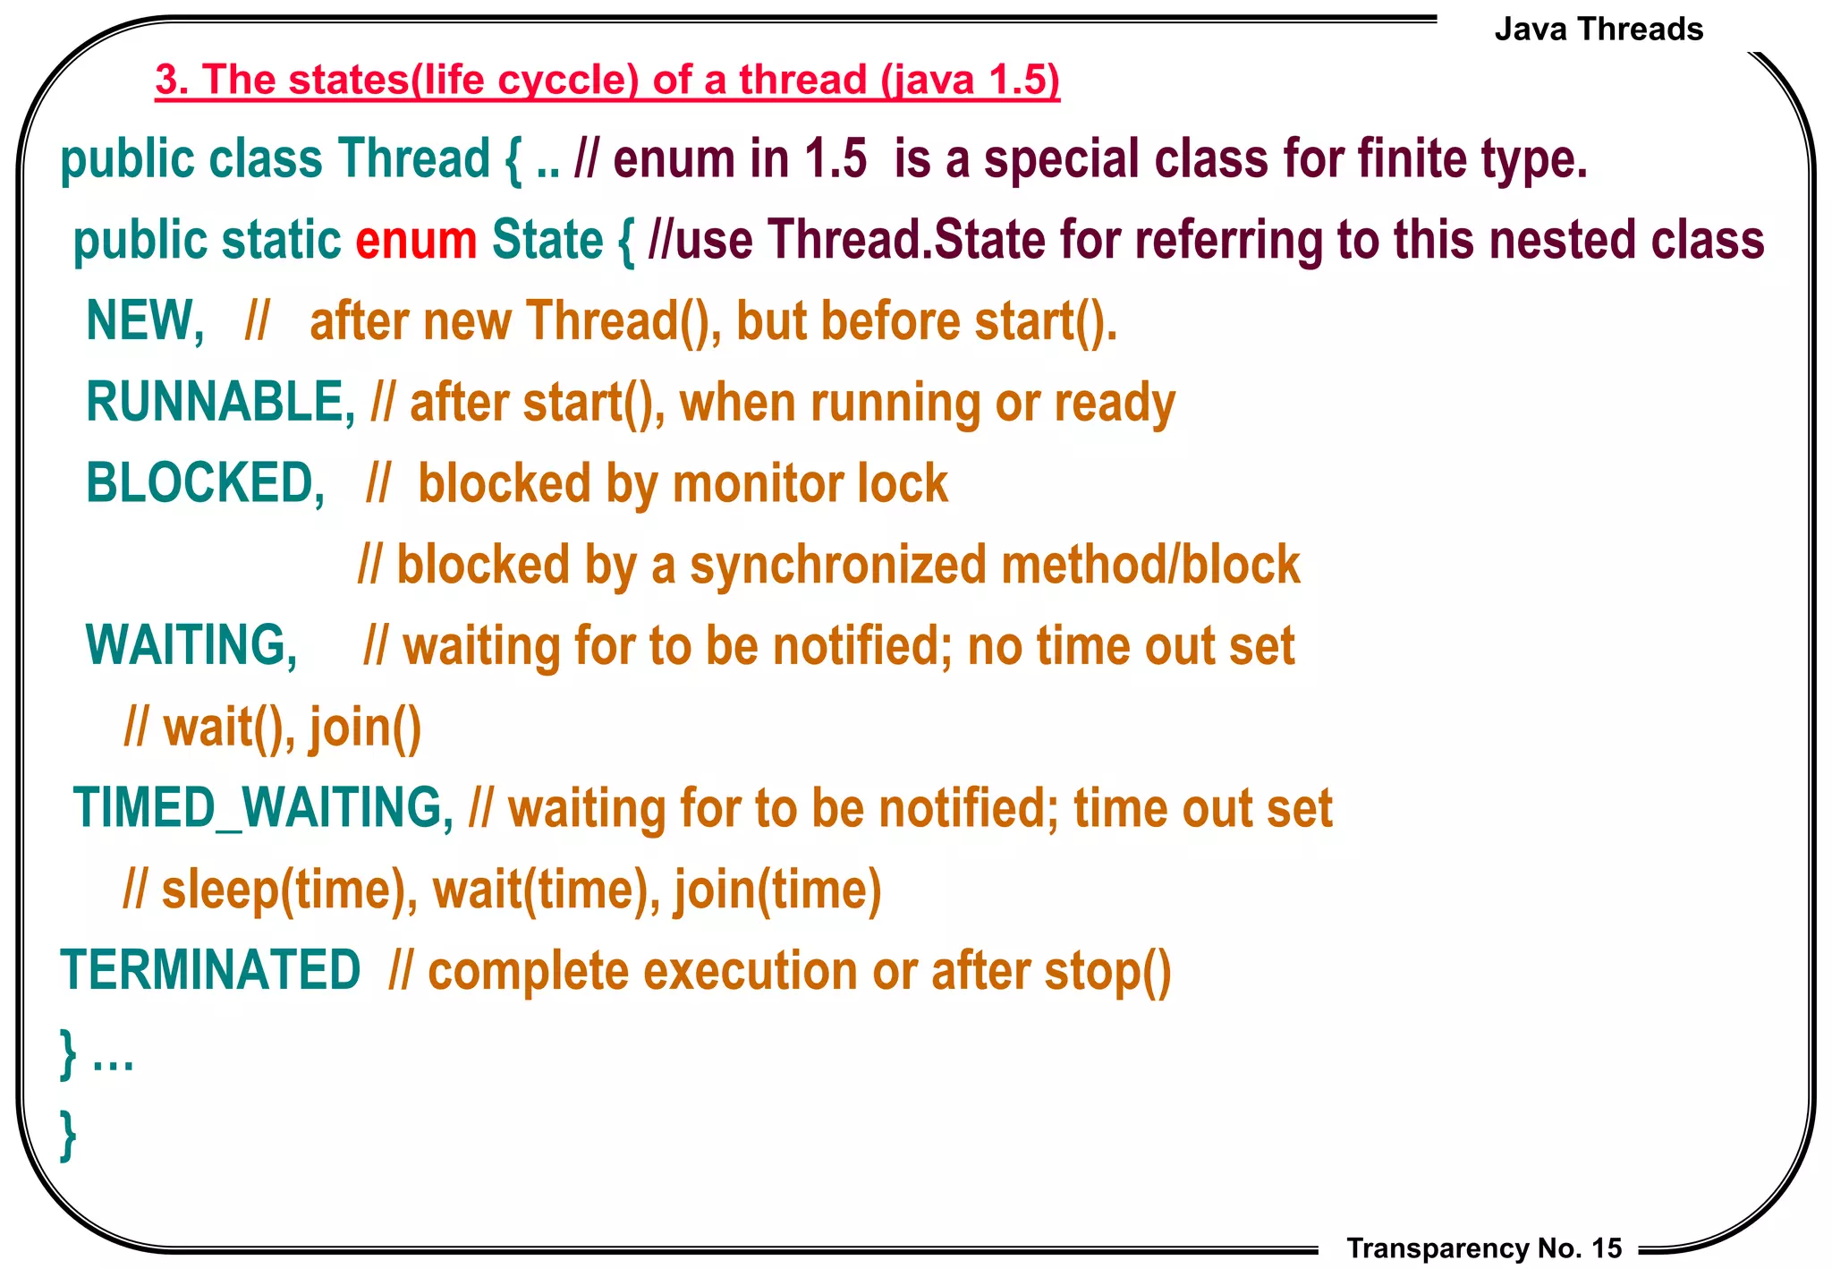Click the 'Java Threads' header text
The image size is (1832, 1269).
[1599, 30]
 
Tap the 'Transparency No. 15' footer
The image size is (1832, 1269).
[1484, 1248]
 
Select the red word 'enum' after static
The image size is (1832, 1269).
[416, 241]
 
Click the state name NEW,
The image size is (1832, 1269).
[145, 321]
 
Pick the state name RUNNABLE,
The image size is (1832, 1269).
[220, 402]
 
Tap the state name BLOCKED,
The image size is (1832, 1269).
[205, 483]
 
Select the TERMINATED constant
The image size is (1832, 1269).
[210, 971]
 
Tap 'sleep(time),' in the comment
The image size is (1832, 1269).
[289, 890]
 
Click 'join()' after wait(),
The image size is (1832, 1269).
[365, 728]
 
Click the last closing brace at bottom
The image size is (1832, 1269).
[68, 1135]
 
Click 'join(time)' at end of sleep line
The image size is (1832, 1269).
[777, 890]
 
